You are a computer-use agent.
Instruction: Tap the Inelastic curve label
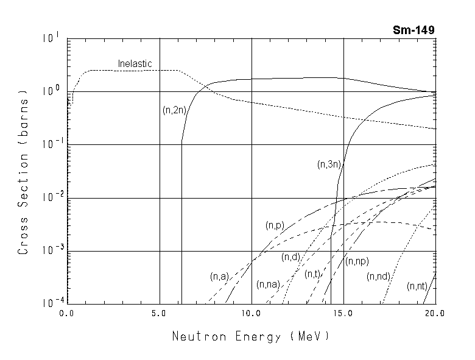(x=135, y=63)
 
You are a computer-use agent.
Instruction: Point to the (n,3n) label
(x=329, y=164)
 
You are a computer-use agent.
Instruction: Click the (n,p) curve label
(x=275, y=225)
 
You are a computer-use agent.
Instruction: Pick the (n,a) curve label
(x=219, y=276)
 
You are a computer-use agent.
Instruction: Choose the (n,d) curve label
(x=290, y=256)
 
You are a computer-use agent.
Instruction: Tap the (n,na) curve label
(x=268, y=284)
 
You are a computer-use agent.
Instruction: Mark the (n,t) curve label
(x=312, y=274)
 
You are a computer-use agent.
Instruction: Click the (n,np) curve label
(x=357, y=261)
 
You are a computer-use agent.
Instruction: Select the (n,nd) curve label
(x=378, y=277)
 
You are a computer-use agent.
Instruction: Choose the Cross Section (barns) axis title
(x=24, y=172)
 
